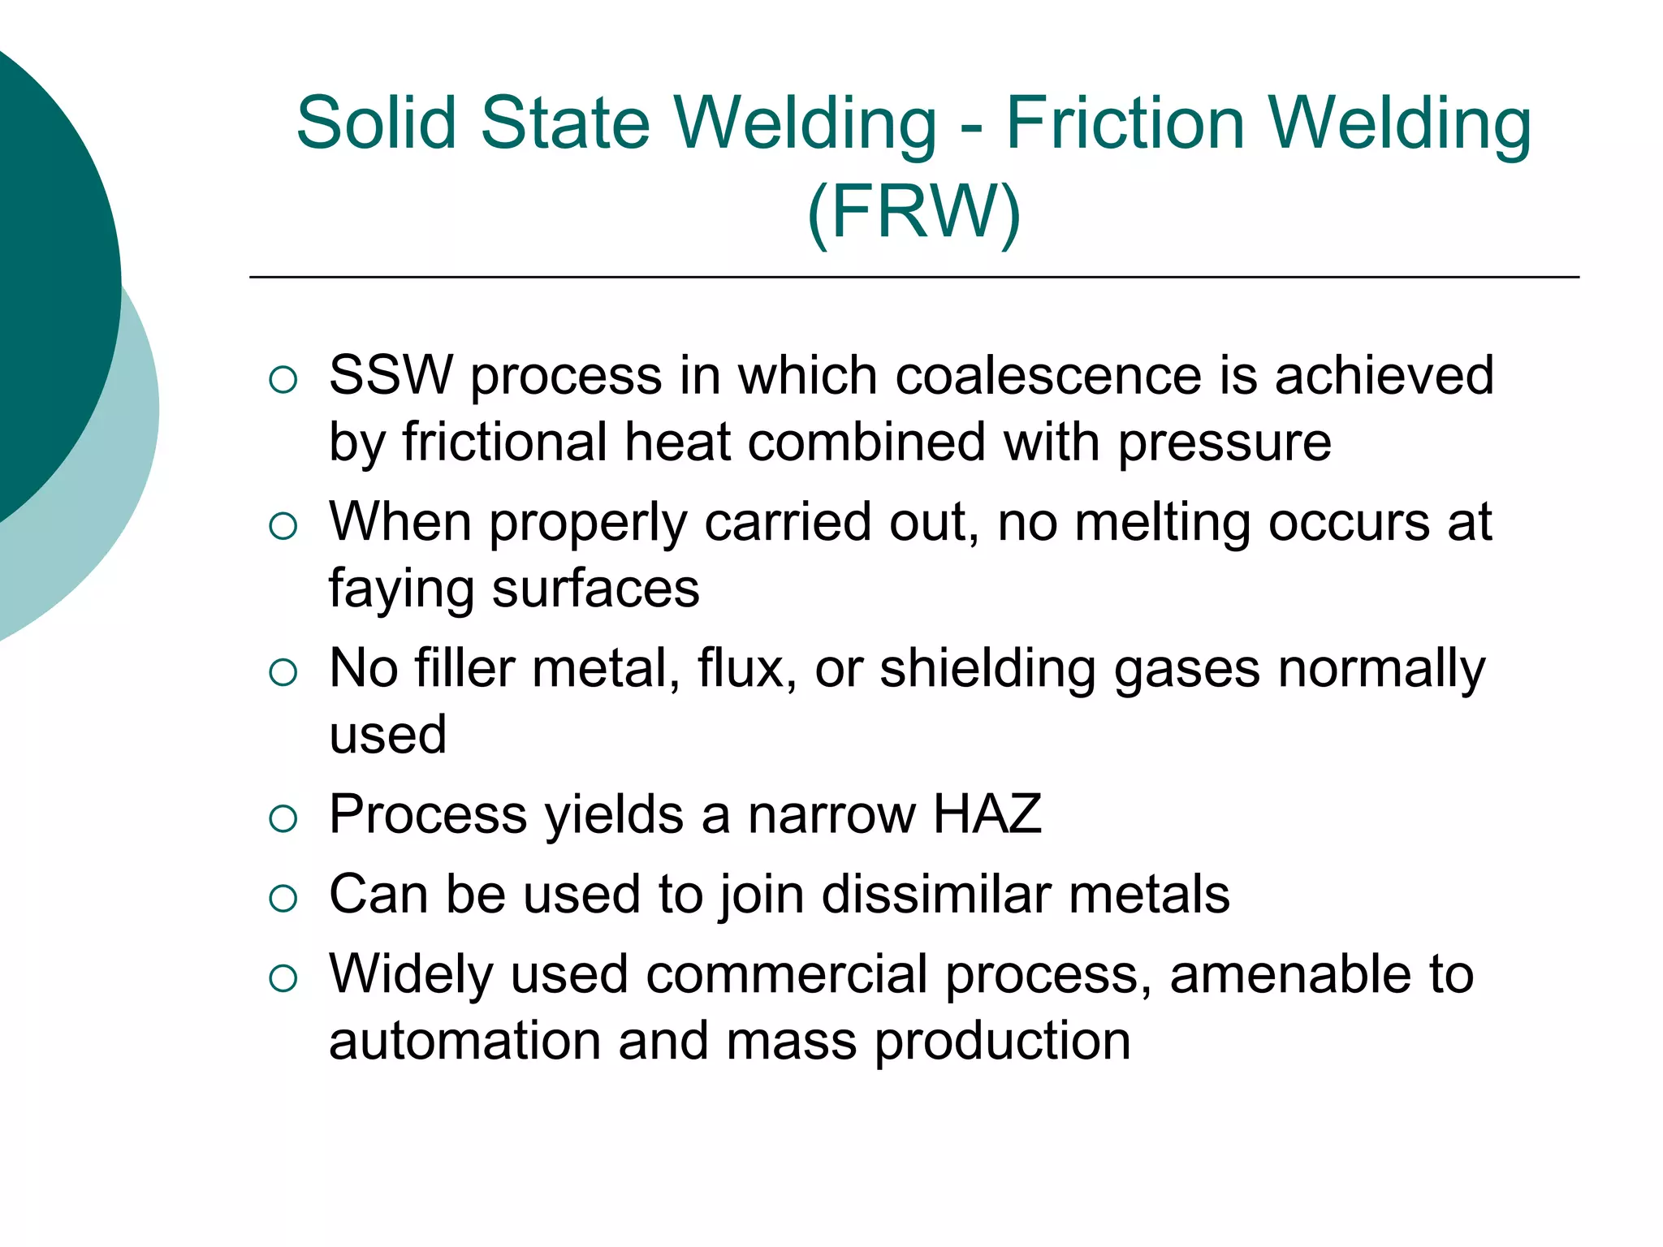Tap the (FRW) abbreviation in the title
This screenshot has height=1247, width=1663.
914,213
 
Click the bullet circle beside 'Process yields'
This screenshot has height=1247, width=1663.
283,818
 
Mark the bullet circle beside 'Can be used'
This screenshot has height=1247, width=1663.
283,899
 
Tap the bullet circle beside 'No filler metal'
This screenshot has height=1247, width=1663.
283,672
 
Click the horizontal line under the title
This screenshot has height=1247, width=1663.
914,278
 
